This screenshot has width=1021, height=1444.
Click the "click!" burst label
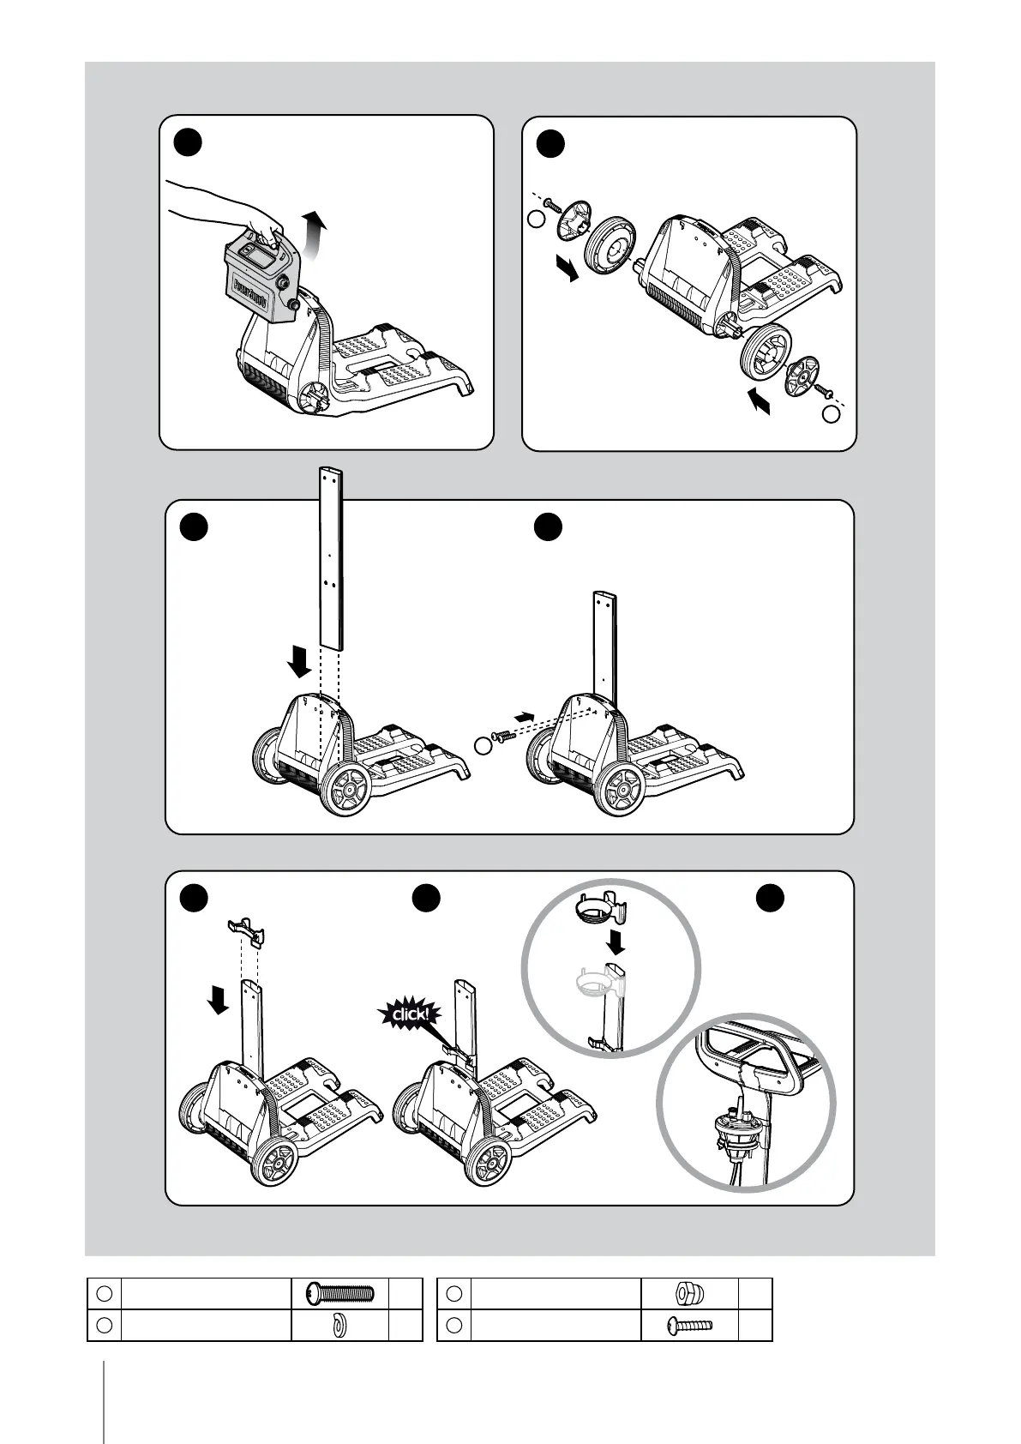coord(409,1016)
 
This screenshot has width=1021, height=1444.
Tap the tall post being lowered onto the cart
coord(331,557)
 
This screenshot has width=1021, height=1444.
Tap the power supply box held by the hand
coord(258,279)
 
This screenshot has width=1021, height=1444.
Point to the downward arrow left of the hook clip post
coord(219,999)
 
